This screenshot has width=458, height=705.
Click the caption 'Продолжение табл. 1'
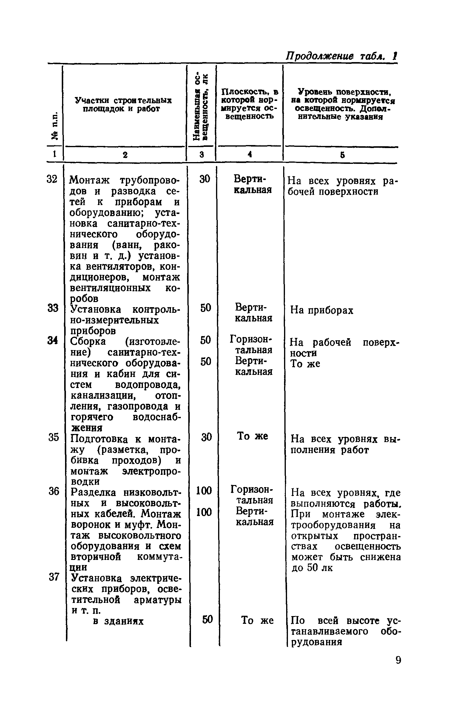coord(341,56)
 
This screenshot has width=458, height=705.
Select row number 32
coord(52,180)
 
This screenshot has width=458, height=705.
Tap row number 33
coord(53,308)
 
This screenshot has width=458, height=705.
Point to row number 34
coord(53,340)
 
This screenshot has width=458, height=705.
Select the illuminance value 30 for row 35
coord(206,437)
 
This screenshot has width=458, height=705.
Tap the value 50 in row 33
coord(206,308)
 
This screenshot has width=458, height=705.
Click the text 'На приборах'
coord(322,310)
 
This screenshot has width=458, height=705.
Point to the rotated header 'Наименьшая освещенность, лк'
coord(201,106)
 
